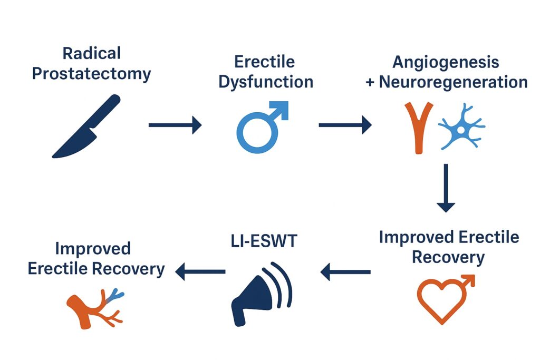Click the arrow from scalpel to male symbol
click(175, 125)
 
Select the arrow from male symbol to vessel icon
click(345, 125)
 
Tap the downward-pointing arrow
click(446, 188)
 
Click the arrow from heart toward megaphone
click(345, 272)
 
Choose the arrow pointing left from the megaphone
click(200, 271)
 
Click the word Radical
click(92, 53)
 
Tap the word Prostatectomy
click(92, 74)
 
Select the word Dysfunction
click(266, 82)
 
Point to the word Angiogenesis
click(446, 63)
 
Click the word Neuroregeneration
click(453, 82)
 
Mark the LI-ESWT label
click(264, 241)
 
